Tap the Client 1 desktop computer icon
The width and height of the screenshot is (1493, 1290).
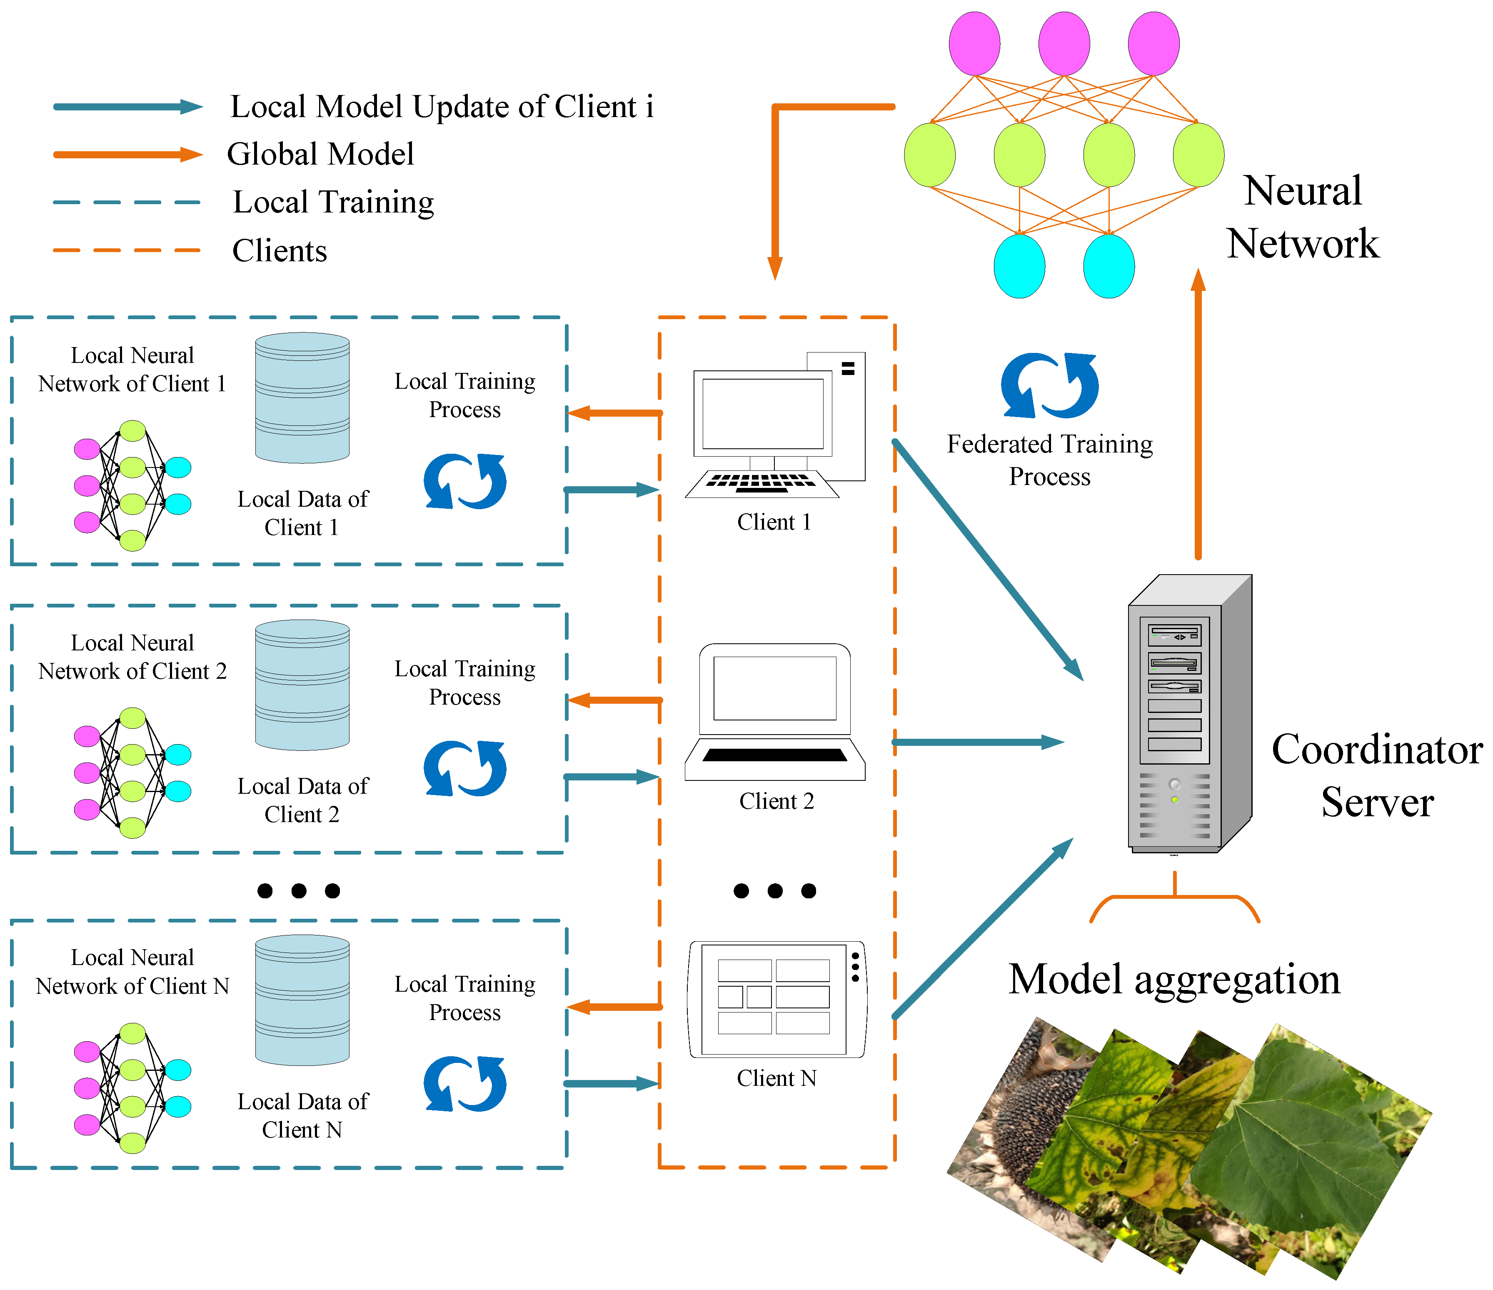point(774,425)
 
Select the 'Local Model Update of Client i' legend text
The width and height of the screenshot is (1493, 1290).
point(441,107)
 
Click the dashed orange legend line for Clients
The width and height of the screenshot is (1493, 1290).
point(127,250)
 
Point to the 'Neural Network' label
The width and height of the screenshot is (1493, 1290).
point(1303,216)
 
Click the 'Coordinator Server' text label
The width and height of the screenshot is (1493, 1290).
point(1376,775)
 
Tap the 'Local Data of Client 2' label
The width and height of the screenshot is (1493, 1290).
point(302,800)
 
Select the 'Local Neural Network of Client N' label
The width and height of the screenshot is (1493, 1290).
point(132,972)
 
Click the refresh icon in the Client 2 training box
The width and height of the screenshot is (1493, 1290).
point(465,768)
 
